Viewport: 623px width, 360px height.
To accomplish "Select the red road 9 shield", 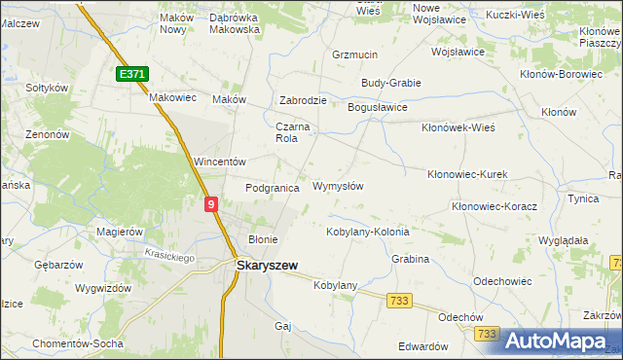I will coord(211,203).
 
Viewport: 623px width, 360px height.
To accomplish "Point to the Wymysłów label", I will coord(338,186).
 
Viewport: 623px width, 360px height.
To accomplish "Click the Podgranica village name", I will coord(272,188).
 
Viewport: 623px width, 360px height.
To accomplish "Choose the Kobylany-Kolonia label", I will coord(367,233).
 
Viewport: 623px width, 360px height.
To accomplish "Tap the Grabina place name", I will coord(411,260).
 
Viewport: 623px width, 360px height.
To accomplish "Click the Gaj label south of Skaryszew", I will coord(284,326).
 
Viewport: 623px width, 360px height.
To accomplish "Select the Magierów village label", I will coord(121,232).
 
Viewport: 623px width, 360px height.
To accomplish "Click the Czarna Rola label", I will coord(292,132).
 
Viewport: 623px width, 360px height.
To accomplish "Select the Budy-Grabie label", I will coord(390,83).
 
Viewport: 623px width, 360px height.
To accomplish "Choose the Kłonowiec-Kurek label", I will coord(468,174).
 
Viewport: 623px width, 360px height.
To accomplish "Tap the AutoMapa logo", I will coord(555,340).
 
